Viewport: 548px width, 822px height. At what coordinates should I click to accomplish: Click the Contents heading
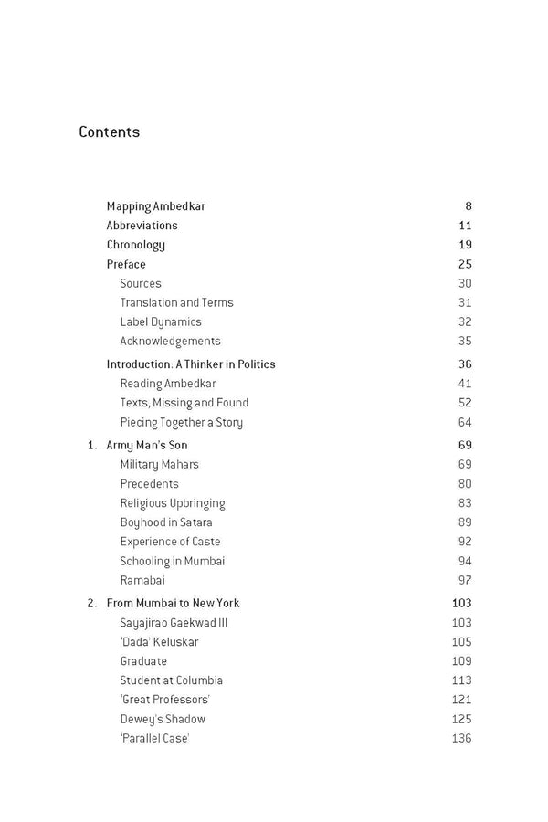pyautogui.click(x=110, y=132)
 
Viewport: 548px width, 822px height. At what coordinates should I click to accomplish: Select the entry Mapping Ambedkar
pyautogui.click(x=155, y=206)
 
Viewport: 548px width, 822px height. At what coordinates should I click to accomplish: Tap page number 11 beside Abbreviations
pyautogui.click(x=465, y=226)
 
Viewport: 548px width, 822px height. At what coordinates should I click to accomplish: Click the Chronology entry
pyautogui.click(x=135, y=245)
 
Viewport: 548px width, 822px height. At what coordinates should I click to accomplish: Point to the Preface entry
pyautogui.click(x=126, y=265)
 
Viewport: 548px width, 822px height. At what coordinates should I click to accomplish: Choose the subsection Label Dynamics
pyautogui.click(x=161, y=321)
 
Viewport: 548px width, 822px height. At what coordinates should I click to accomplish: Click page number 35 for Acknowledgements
pyautogui.click(x=465, y=342)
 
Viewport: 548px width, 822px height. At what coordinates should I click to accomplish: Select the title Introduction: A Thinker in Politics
pyautogui.click(x=190, y=364)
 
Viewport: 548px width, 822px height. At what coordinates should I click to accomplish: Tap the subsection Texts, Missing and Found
pyautogui.click(x=184, y=403)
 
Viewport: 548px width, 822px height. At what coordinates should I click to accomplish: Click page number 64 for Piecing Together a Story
pyautogui.click(x=465, y=422)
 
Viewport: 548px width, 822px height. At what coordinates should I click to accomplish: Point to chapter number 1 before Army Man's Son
pyautogui.click(x=91, y=446)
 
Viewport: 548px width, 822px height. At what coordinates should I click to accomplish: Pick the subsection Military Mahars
pyautogui.click(x=159, y=465)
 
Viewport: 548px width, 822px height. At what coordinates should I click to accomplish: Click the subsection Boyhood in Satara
pyautogui.click(x=166, y=522)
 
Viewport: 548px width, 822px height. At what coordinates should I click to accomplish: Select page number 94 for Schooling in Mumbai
pyautogui.click(x=465, y=561)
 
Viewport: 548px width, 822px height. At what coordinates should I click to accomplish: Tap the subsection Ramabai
pyautogui.click(x=142, y=580)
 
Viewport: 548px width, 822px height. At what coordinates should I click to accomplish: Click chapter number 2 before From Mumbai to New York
pyautogui.click(x=91, y=604)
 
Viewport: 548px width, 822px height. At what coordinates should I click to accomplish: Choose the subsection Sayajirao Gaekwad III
pyautogui.click(x=172, y=623)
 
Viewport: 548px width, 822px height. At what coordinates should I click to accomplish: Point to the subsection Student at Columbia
pyautogui.click(x=171, y=680)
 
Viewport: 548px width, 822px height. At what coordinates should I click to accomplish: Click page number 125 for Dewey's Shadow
pyautogui.click(x=461, y=719)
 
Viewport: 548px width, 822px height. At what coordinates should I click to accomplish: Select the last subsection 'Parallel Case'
pyautogui.click(x=154, y=738)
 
